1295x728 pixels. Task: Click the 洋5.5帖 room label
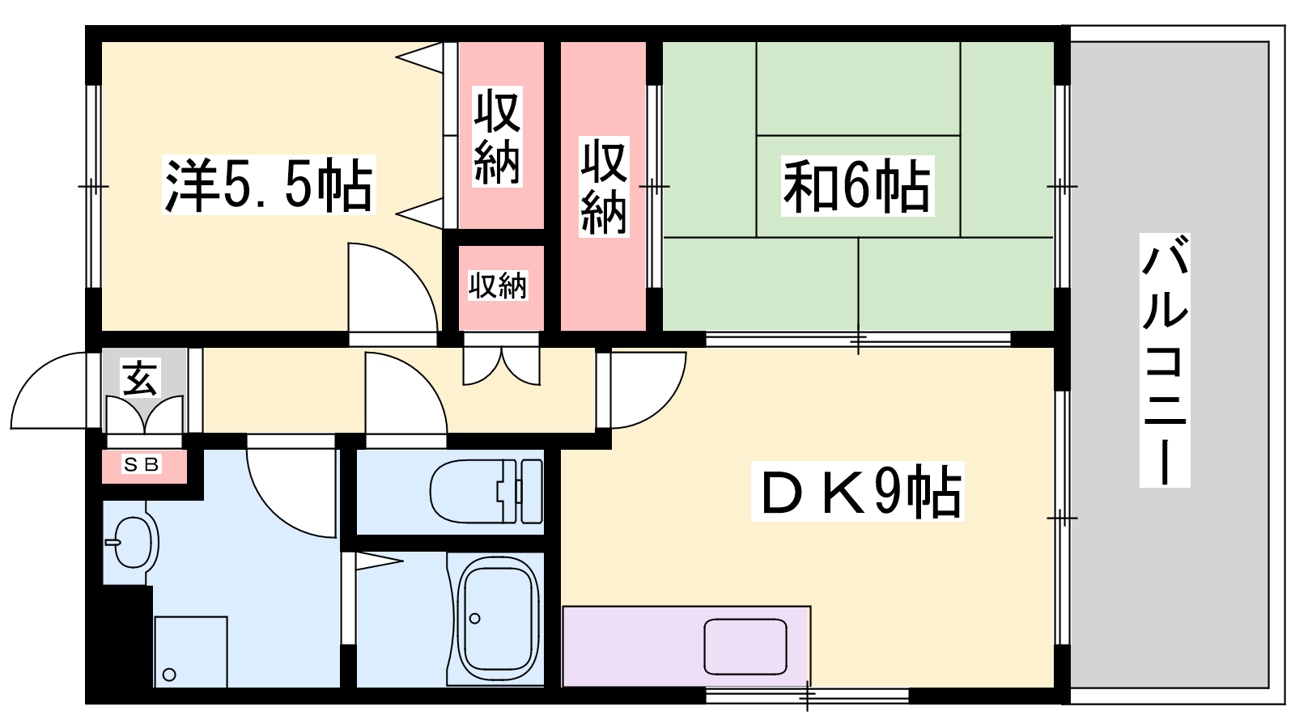coord(270,185)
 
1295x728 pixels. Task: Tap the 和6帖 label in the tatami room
coord(857,186)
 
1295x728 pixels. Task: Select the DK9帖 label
coord(857,492)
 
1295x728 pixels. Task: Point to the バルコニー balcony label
coord(1165,360)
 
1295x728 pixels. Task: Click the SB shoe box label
coord(142,464)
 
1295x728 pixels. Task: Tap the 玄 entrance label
coord(140,378)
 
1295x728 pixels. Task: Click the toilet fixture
coord(486,491)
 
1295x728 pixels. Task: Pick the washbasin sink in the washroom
coord(134,543)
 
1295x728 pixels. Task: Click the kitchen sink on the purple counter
coord(745,646)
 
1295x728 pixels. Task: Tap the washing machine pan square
coord(191,652)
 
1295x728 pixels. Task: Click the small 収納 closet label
coord(498,286)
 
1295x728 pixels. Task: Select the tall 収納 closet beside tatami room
coord(604,186)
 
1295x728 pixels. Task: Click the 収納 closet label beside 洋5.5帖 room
coord(497,137)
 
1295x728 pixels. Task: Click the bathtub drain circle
coord(474,619)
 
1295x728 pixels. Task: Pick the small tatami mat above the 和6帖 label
coord(859,88)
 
